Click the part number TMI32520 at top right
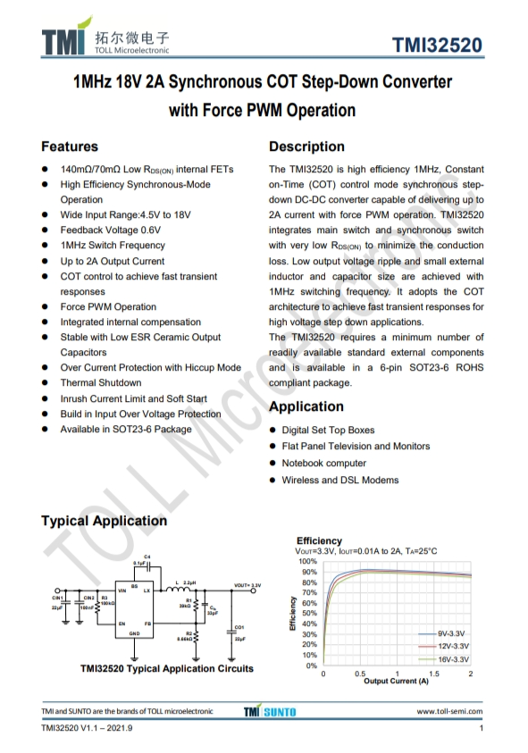click(438, 46)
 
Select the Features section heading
click(70, 146)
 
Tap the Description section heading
click(306, 146)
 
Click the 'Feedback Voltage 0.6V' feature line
click(110, 230)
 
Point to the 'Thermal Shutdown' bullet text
click(100, 383)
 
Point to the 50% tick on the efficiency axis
click(310, 614)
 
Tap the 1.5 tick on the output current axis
click(433, 674)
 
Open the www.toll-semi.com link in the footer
click(449, 712)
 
